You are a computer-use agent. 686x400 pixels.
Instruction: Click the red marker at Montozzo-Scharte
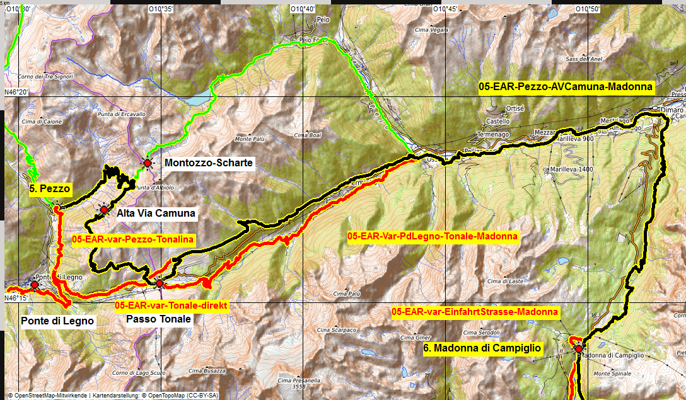[148, 163]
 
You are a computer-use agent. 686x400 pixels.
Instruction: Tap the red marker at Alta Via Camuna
[104, 209]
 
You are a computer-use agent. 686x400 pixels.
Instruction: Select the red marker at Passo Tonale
[160, 283]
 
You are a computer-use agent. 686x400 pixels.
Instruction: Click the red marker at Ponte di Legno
[35, 285]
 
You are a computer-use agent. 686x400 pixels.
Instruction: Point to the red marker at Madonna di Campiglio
[579, 348]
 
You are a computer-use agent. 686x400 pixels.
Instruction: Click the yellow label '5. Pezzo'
[50, 188]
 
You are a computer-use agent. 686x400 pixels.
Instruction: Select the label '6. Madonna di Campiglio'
[482, 348]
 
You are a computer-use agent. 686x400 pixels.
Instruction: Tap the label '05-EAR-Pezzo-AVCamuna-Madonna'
[566, 87]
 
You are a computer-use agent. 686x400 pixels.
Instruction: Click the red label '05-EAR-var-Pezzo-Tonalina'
[133, 239]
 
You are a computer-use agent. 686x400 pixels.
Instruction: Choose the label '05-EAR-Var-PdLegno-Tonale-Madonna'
[433, 237]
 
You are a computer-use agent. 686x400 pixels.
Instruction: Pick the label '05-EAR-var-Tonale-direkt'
[171, 305]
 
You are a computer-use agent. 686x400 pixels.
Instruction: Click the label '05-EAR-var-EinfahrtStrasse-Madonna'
[475, 312]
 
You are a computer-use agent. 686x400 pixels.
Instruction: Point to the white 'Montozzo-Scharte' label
[209, 163]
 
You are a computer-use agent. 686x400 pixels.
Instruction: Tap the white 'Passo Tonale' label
[158, 319]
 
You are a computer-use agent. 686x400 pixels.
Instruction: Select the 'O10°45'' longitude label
[445, 9]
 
